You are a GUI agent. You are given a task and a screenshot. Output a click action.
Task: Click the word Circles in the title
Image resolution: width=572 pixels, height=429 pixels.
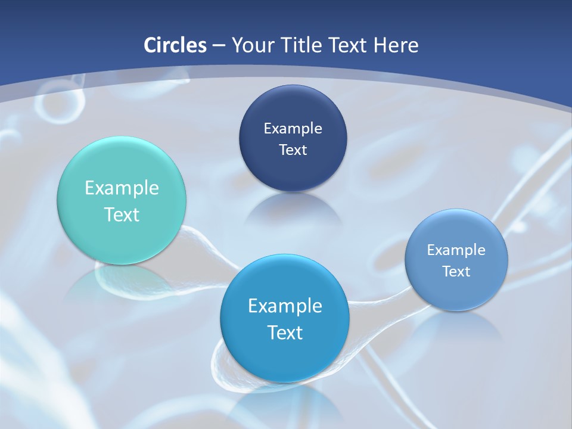click(175, 45)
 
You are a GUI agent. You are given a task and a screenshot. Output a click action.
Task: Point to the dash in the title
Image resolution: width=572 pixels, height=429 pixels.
click(219, 46)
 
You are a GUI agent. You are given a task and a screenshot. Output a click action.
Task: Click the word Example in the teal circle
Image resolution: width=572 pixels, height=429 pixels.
click(122, 188)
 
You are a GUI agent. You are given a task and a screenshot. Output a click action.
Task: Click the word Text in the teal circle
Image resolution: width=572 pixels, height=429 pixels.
click(122, 214)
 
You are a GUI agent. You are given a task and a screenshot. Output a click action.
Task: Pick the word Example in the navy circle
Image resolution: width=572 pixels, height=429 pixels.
click(293, 129)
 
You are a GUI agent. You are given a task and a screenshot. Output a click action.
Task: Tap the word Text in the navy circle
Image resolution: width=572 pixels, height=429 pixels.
click(293, 150)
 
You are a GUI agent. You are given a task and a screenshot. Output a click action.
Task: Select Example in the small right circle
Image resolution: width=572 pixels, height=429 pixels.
click(456, 250)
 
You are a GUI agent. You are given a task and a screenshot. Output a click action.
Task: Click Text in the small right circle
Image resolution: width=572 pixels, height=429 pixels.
click(456, 271)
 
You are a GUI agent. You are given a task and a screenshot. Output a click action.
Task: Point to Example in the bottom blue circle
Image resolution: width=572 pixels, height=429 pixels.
click(285, 306)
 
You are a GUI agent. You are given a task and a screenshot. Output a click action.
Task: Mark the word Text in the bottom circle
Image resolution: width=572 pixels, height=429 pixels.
click(285, 332)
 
